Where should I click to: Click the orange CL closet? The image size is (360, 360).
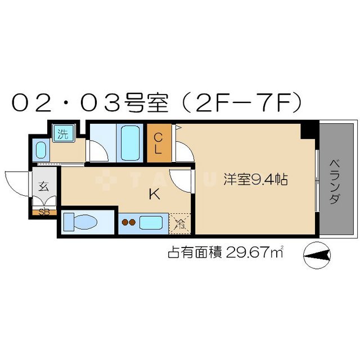point(158,143)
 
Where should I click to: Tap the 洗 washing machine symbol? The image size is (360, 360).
point(62,134)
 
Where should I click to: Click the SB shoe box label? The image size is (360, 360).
point(43,212)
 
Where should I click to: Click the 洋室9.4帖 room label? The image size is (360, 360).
point(256,181)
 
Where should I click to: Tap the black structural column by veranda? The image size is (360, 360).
point(308,130)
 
